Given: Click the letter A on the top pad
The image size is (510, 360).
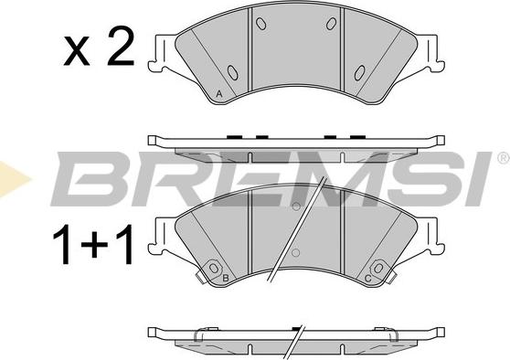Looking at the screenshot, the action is click(219, 94).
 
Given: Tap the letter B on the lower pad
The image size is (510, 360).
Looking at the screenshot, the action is click(225, 278).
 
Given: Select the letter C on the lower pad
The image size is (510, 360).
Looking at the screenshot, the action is click(367, 279).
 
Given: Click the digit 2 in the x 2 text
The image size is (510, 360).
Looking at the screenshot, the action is click(121, 46).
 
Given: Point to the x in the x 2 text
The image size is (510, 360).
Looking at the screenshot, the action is click(77, 51).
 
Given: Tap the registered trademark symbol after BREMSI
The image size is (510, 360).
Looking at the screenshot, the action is click(504, 158).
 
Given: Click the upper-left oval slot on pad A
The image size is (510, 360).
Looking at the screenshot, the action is click(261, 24).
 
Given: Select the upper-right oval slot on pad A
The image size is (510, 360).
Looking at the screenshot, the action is click(332, 24).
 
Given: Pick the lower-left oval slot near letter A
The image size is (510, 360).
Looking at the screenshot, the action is click(232, 72).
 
